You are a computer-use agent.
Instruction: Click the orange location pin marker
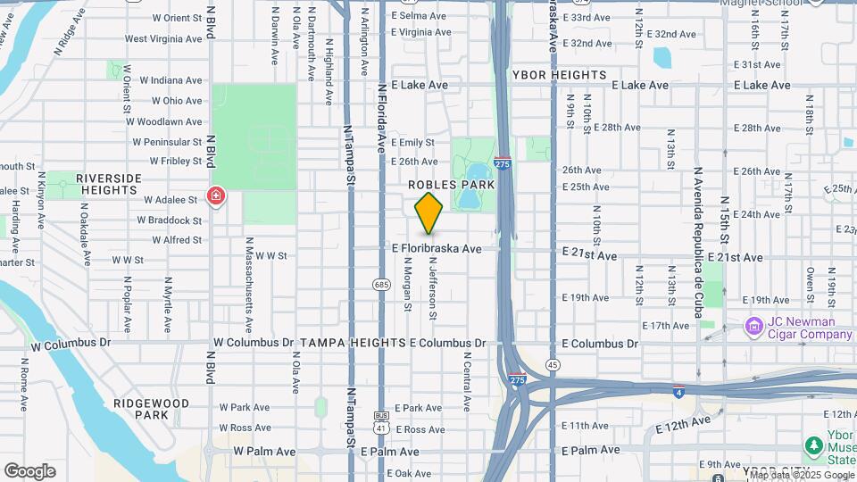click(x=429, y=212)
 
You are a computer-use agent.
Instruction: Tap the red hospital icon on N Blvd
click(x=215, y=196)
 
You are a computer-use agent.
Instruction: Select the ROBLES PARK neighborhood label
click(x=452, y=184)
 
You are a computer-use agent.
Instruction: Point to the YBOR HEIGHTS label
click(x=560, y=75)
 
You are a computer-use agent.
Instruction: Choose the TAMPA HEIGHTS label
click(x=353, y=343)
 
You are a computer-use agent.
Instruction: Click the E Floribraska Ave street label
click(x=437, y=248)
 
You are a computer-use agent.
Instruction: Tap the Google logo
click(x=29, y=471)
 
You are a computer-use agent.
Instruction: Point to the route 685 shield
click(x=382, y=285)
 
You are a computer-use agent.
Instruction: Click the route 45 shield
click(x=553, y=364)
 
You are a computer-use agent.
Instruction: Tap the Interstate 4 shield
click(x=680, y=390)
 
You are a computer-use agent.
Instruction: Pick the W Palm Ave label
click(x=264, y=452)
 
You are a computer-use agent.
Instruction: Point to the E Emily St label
click(x=412, y=142)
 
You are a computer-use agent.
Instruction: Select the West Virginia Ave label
click(x=162, y=38)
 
